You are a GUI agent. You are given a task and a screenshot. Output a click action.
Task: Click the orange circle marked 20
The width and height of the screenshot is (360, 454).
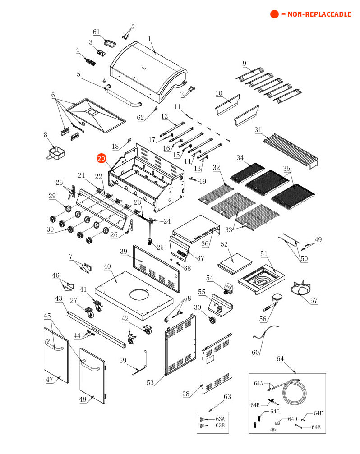pyautogui.click(x=101, y=158)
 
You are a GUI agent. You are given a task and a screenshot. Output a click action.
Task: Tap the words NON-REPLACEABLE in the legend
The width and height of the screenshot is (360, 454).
pyautogui.click(x=315, y=14)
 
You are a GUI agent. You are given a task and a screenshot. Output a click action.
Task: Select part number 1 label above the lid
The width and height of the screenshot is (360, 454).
pyautogui.click(x=149, y=39)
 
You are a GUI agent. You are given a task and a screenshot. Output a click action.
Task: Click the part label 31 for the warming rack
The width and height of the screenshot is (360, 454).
pyautogui.click(x=258, y=130)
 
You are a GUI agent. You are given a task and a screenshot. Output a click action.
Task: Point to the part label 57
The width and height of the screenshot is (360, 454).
pyautogui.click(x=314, y=300)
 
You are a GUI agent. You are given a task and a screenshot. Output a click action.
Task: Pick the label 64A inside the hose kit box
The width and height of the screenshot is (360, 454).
pyautogui.click(x=258, y=384)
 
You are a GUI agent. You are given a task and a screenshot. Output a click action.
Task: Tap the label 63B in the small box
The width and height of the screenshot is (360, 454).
pyautogui.click(x=220, y=425)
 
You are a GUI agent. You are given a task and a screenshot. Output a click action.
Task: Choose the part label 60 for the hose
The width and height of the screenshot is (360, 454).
pyautogui.click(x=255, y=352)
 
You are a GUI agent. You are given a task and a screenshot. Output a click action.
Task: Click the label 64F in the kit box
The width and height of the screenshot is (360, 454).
pyautogui.click(x=318, y=413)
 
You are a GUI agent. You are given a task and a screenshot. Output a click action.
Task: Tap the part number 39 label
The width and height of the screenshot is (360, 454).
pyautogui.click(x=124, y=251)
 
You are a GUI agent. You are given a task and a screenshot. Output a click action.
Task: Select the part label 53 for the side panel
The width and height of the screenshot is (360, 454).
pyautogui.click(x=150, y=383)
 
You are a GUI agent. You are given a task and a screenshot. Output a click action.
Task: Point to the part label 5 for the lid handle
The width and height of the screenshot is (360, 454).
pyautogui.click(x=78, y=74)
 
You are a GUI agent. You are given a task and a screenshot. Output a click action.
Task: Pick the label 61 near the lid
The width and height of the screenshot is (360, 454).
pyautogui.click(x=96, y=32)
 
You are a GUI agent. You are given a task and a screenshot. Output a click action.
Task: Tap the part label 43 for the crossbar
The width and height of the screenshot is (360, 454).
pyautogui.click(x=59, y=298)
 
